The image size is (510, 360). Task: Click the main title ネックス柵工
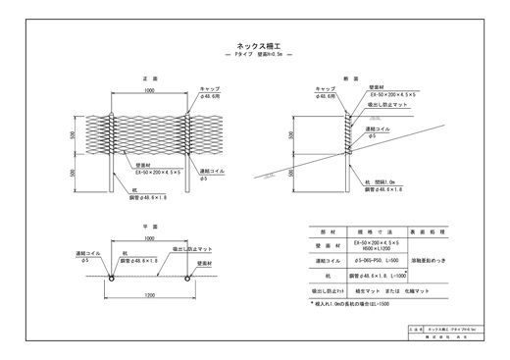pyautogui.click(x=256, y=44)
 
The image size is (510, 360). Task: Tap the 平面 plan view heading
pyautogui.click(x=149, y=225)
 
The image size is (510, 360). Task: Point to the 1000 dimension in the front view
pyautogui.click(x=149, y=89)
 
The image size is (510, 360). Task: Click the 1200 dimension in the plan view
pyautogui.click(x=149, y=292)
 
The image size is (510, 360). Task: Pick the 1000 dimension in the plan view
pyautogui.click(x=149, y=238)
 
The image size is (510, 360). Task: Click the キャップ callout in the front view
pyautogui.click(x=208, y=87)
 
